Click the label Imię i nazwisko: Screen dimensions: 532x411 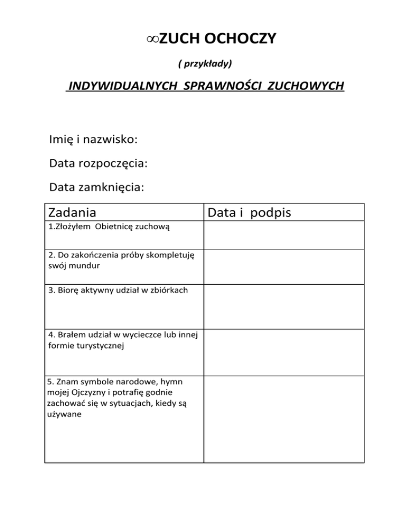pos(93,140)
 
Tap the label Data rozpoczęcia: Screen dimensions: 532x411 pos(98,163)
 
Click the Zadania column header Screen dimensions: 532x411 pos(72,212)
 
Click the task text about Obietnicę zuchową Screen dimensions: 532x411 pos(109,227)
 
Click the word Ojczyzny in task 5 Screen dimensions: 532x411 pos(81,392)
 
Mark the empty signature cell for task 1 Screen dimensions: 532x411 pos(284,235)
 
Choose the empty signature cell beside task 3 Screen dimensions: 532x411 pos(284,306)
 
